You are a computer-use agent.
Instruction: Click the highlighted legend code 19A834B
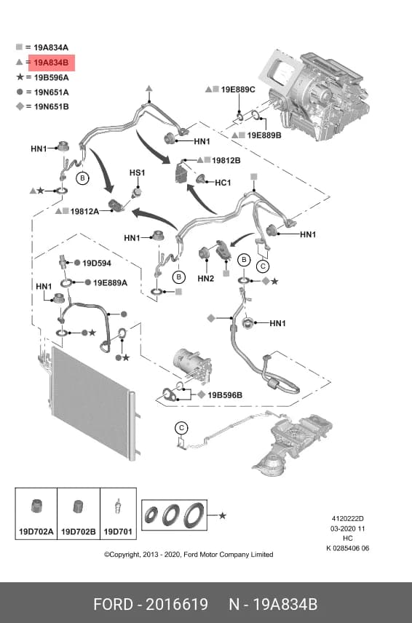pyautogui.click(x=51, y=63)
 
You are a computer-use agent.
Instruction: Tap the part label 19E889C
pyautogui.click(x=238, y=90)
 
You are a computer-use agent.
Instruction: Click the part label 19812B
pyautogui.click(x=226, y=160)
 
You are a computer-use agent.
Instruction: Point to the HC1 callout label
pyautogui.click(x=223, y=183)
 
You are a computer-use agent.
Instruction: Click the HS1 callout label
pyautogui.click(x=137, y=172)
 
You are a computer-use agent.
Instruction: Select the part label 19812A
pyautogui.click(x=84, y=211)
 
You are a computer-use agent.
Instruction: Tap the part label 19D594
pyautogui.click(x=97, y=263)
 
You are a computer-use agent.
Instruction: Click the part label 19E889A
pyautogui.click(x=110, y=283)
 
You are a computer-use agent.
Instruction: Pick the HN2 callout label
pyautogui.click(x=206, y=279)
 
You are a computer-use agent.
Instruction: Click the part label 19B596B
pyautogui.click(x=225, y=395)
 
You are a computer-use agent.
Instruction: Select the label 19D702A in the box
pyautogui.click(x=36, y=531)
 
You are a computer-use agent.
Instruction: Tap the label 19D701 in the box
pyautogui.click(x=118, y=531)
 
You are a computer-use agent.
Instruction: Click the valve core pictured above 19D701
pyautogui.click(x=118, y=507)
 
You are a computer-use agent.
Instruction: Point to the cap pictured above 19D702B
pyautogui.click(x=79, y=507)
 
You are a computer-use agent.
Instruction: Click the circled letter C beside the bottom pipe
pyautogui.click(x=181, y=428)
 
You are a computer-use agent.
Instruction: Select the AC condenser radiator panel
pyautogui.click(x=92, y=403)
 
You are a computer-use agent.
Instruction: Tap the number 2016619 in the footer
pyautogui.click(x=177, y=604)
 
